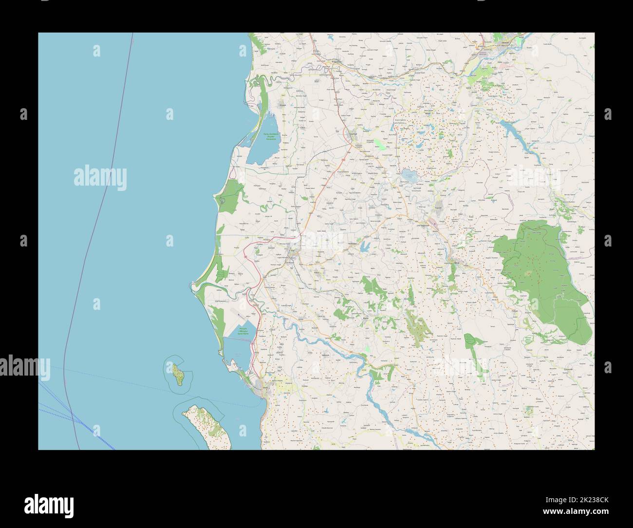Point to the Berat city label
pyautogui.click(x=456, y=263)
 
